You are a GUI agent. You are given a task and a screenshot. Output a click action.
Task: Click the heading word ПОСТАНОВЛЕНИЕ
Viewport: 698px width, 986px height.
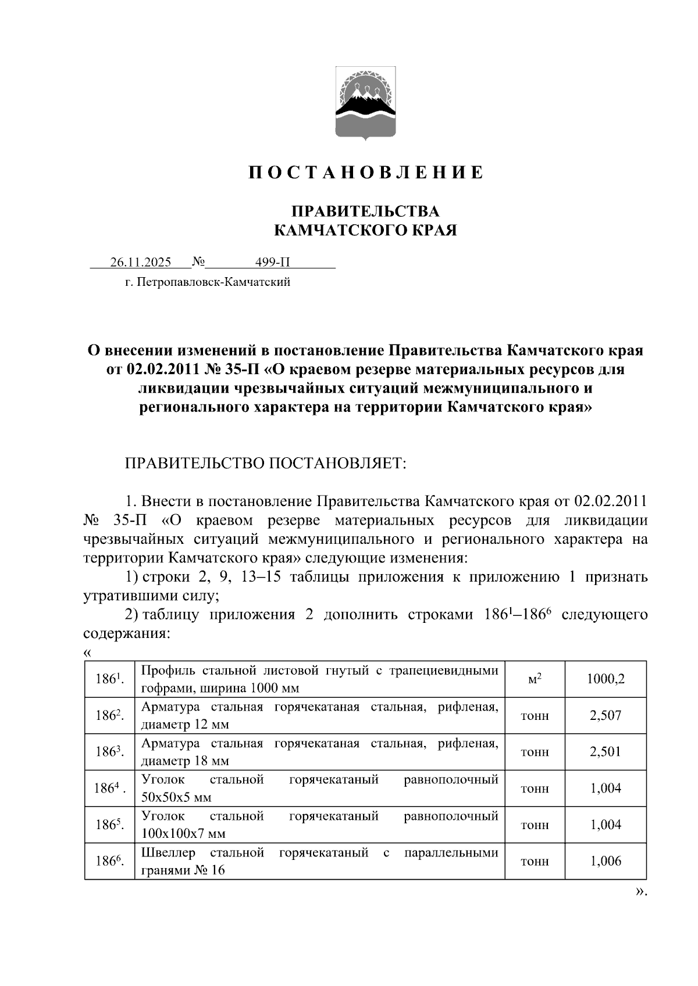(366, 173)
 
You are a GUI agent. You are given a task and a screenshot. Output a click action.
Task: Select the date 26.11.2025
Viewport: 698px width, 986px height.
(141, 262)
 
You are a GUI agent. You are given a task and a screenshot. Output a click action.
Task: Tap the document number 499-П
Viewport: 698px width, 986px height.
(272, 262)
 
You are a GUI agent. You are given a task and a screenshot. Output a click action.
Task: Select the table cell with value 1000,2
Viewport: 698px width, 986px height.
(606, 679)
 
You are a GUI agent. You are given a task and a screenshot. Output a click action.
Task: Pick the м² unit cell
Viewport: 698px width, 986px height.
(535, 679)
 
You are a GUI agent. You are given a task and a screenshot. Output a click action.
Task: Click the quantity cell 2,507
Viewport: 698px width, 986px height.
(606, 715)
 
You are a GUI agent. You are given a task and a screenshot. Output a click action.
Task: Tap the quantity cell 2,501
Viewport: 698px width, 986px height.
(606, 752)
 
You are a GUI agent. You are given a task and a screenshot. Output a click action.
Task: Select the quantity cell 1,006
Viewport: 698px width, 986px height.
(606, 861)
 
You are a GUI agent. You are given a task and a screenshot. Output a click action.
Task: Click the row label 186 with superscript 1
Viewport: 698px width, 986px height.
(109, 679)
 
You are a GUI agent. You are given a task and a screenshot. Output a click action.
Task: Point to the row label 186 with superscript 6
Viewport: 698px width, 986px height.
(109, 861)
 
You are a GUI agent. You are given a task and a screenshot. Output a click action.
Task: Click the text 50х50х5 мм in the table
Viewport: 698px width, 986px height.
(176, 798)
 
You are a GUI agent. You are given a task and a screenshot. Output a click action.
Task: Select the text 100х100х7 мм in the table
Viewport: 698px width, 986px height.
(183, 834)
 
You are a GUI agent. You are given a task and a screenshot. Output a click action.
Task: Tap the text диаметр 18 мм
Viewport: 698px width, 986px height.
(185, 761)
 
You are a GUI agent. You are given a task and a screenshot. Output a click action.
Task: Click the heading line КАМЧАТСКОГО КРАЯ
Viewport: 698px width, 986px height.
(365, 231)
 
